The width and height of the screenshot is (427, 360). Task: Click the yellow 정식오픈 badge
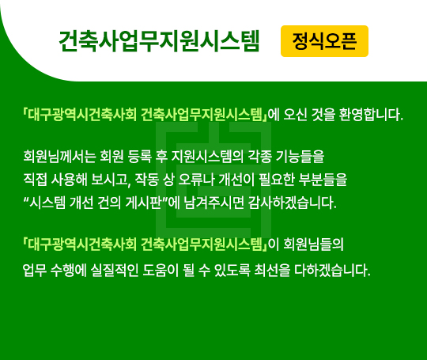tap(324, 41)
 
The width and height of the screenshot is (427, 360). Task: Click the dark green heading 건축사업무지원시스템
tap(159, 41)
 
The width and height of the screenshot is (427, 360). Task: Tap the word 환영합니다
tap(371, 115)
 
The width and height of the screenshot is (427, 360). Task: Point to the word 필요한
tap(277, 180)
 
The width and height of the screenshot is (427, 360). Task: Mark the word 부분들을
tap(323, 180)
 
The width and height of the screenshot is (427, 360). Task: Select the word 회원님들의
tap(314, 244)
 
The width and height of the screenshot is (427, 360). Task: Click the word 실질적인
tap(115, 271)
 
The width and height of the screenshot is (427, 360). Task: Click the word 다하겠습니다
tap(332, 271)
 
